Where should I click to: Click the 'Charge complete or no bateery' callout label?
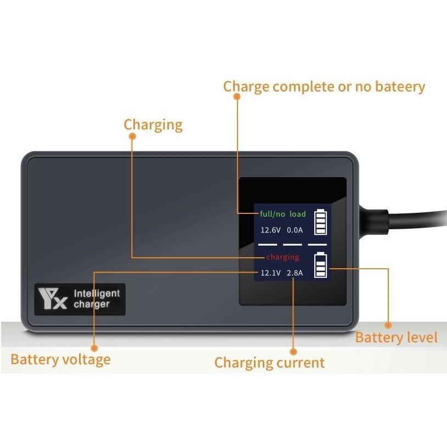click(x=324, y=87)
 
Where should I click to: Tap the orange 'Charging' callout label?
click(x=153, y=125)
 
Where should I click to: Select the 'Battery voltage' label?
click(x=60, y=360)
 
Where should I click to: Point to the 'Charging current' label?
click(x=269, y=363)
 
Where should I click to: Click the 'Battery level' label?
click(x=397, y=337)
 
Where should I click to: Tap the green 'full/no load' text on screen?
click(x=283, y=214)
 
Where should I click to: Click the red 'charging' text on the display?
click(x=282, y=257)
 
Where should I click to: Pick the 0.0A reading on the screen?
click(x=296, y=230)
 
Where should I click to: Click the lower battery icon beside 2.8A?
click(x=320, y=265)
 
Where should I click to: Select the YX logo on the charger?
click(x=52, y=299)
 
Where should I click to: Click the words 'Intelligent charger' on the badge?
click(x=96, y=299)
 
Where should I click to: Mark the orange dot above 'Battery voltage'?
click(x=94, y=348)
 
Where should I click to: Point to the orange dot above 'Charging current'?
click(x=293, y=351)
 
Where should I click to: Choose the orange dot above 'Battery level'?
click(x=388, y=324)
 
